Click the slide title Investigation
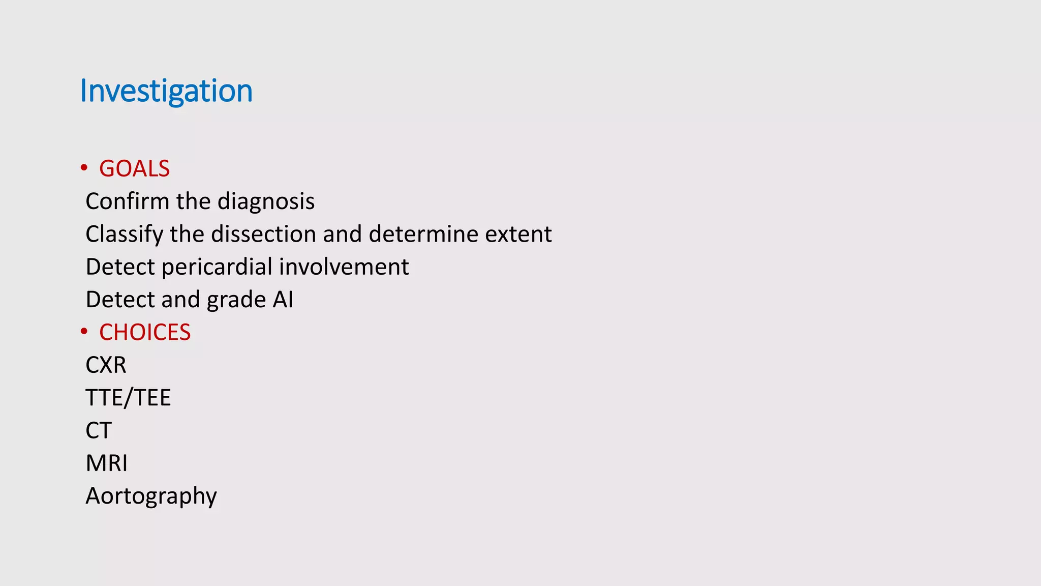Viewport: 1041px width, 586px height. [x=166, y=91]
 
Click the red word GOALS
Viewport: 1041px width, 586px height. [x=134, y=169]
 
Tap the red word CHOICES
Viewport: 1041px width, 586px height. [x=145, y=333]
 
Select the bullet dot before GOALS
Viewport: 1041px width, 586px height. [x=84, y=168]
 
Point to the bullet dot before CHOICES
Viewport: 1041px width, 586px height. [x=84, y=332]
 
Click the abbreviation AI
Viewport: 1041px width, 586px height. [x=283, y=300]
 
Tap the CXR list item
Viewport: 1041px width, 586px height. [x=106, y=365]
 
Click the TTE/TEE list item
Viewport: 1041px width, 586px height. [x=128, y=398]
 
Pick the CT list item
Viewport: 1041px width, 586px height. [x=98, y=431]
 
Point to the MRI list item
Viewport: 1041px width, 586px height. [x=107, y=463]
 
